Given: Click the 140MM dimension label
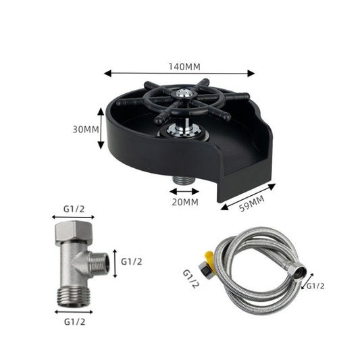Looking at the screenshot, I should (180, 66).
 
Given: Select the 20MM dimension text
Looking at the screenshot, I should (184, 201).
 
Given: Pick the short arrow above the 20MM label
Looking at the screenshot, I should (184, 191).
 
